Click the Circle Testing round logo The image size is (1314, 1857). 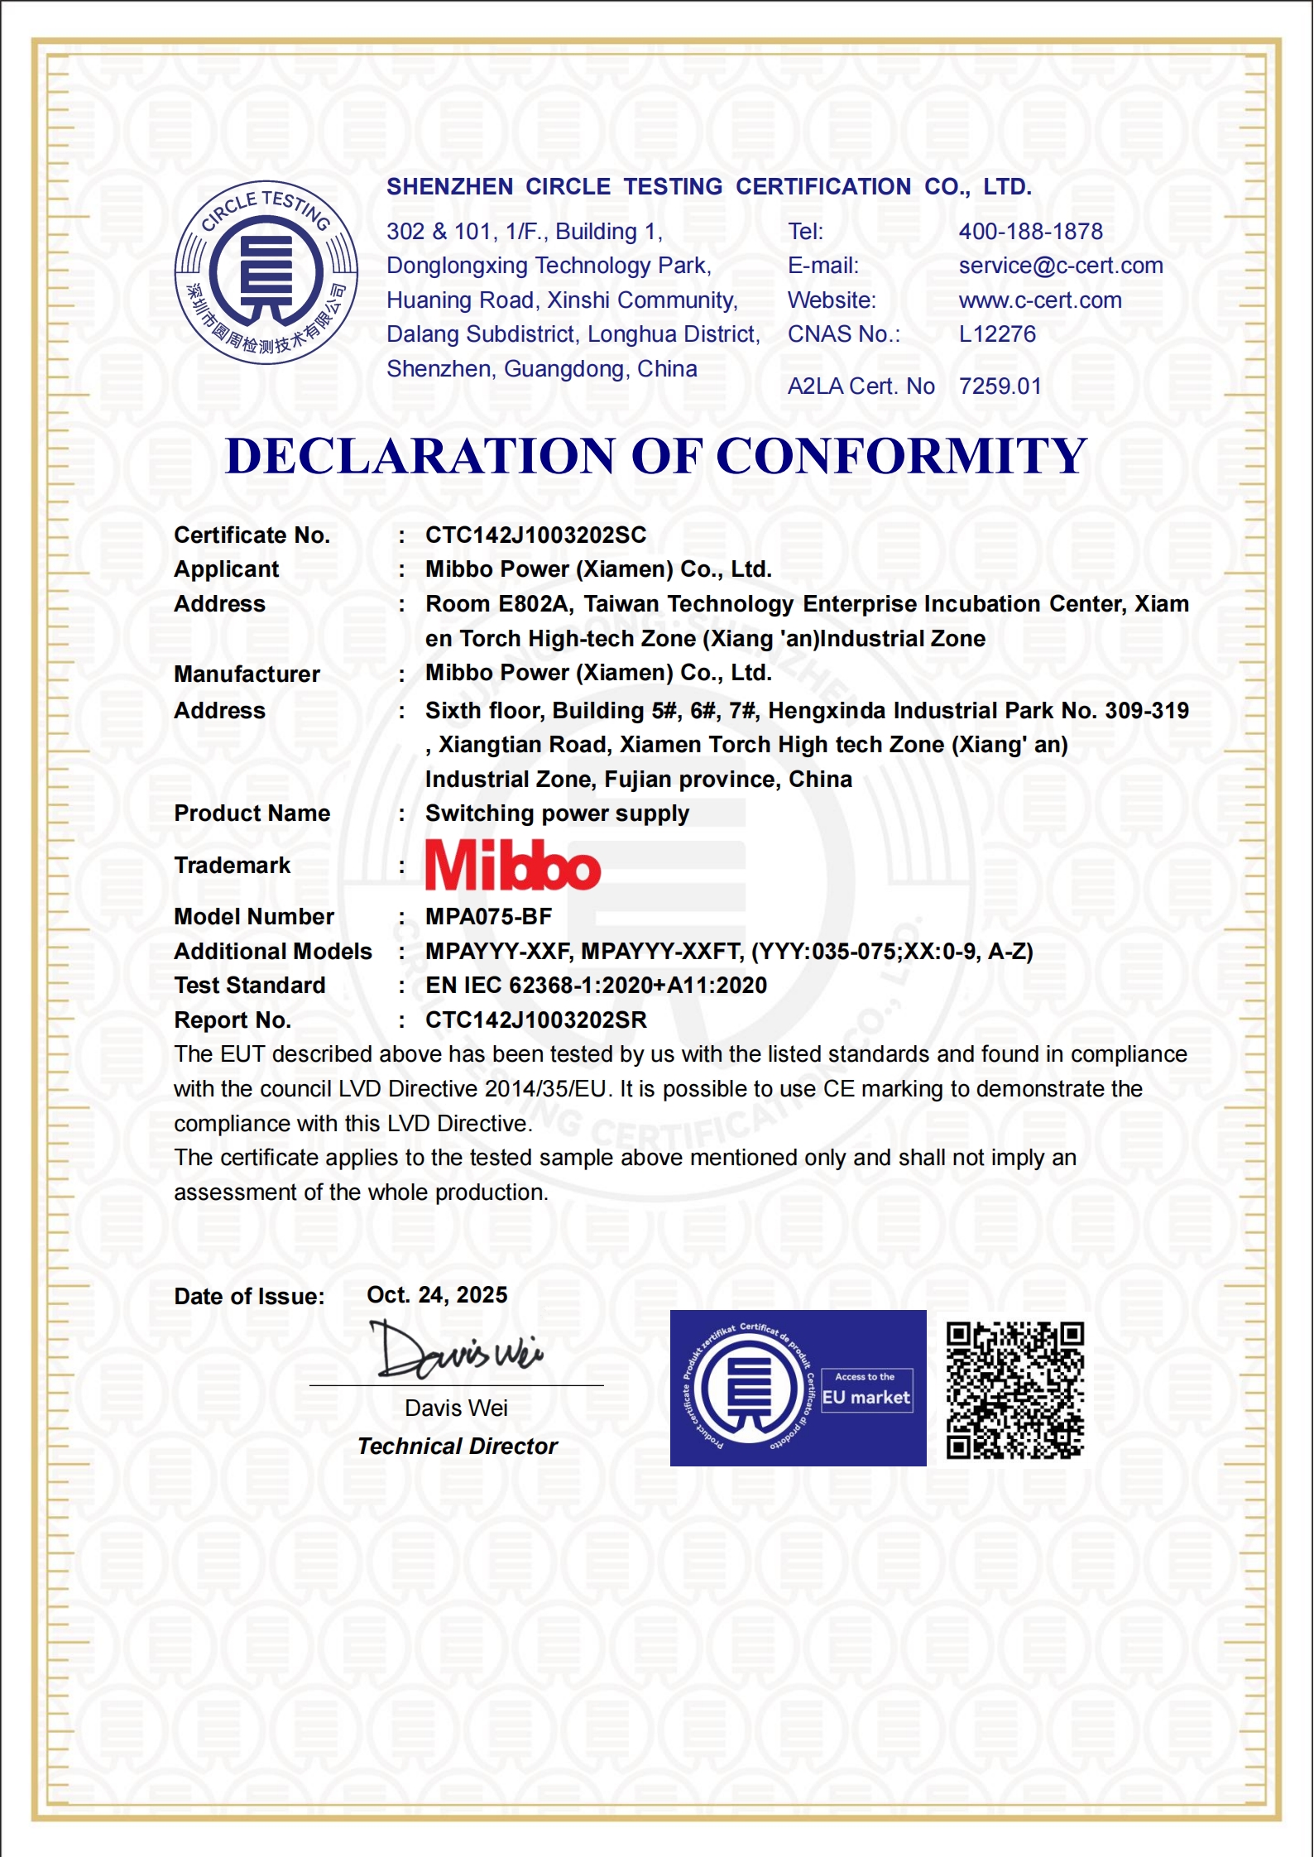pos(266,272)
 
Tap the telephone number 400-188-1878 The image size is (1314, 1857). pos(1030,232)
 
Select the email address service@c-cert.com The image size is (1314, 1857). pos(1060,266)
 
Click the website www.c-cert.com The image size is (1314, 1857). pos(1039,300)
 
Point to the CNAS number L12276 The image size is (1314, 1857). pos(996,334)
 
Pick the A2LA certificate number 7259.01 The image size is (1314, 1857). pos(1000,386)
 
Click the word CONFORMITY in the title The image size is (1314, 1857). pos(901,456)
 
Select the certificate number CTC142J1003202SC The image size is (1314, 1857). pos(535,535)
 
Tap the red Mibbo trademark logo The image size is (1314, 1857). pos(512,866)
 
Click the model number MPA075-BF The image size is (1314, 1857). pos(488,917)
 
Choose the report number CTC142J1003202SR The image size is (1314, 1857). pos(535,1020)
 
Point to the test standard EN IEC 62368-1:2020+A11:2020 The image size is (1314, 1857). pos(596,986)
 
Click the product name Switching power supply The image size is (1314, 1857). pos(557,813)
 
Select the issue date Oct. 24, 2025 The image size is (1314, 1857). pos(437,1295)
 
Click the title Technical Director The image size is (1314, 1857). pos(458,1447)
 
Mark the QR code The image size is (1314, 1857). pos(1014,1390)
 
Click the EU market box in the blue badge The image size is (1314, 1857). pos(866,1391)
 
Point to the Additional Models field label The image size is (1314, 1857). pos(272,952)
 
